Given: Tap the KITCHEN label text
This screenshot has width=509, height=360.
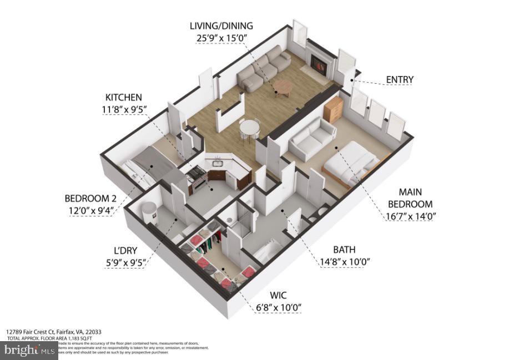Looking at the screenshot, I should pyautogui.click(x=125, y=97).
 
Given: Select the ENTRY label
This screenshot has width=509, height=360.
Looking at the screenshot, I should pyautogui.click(x=400, y=80).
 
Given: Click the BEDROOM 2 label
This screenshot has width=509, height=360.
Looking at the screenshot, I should pyautogui.click(x=91, y=198).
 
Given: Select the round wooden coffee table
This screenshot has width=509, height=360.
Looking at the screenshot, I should pyautogui.click(x=283, y=87).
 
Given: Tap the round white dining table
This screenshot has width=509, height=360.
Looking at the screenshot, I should pyautogui.click(x=249, y=128).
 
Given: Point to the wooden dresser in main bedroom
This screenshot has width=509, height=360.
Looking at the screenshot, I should pyautogui.click(x=333, y=109).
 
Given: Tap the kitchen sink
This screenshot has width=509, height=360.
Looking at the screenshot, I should pyautogui.click(x=216, y=163).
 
